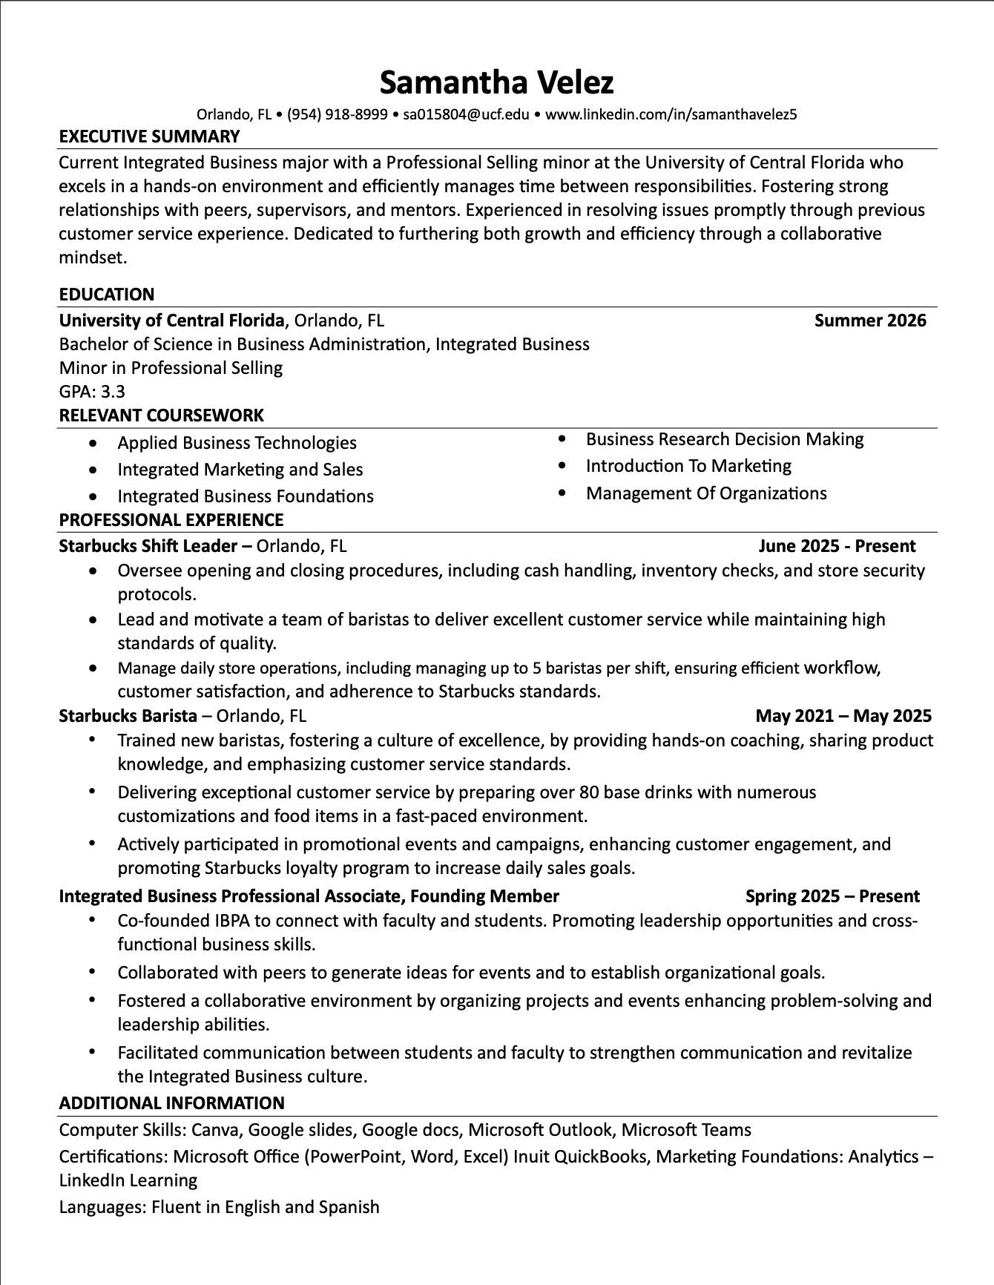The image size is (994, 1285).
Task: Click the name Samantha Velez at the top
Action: (x=496, y=82)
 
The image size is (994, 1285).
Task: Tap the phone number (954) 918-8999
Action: (x=337, y=114)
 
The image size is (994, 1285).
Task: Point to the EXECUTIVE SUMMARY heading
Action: (x=149, y=137)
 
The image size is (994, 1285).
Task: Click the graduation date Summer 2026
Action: (x=870, y=321)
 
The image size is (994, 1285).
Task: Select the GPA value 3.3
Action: (x=113, y=392)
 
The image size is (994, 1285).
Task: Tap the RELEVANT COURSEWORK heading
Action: (x=161, y=415)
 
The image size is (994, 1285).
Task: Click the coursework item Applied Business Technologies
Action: (x=237, y=443)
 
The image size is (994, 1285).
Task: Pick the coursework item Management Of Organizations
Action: (x=705, y=493)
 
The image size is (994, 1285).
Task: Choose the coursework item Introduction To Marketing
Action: (x=688, y=466)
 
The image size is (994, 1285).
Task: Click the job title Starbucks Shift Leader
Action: (x=148, y=547)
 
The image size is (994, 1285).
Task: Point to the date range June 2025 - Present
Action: (x=837, y=547)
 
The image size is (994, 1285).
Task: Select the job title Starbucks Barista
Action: (x=128, y=716)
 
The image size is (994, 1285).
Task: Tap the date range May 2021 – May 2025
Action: (x=843, y=716)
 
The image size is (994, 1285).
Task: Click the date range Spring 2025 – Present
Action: (x=832, y=896)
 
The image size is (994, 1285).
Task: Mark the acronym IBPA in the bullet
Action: (x=233, y=921)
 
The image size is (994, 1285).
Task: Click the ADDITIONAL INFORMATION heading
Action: (x=171, y=1103)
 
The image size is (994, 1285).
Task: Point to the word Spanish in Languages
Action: (x=349, y=1207)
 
